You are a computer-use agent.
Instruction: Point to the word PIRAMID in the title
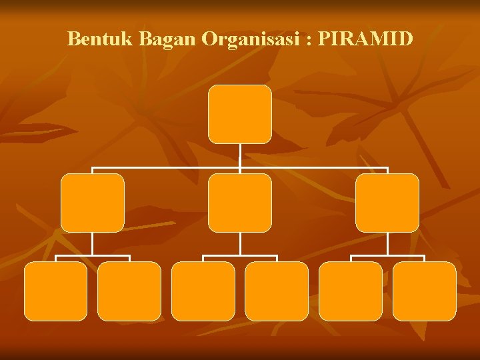click(x=366, y=39)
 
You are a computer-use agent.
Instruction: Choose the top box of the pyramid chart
click(x=239, y=114)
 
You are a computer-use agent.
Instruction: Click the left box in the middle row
click(x=92, y=203)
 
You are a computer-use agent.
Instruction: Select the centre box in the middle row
click(x=239, y=203)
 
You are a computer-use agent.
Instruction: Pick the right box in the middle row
click(x=387, y=203)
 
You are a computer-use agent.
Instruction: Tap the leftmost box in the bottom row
click(x=55, y=291)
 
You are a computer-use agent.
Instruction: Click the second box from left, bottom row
click(x=129, y=291)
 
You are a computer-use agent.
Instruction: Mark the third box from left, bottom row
click(x=203, y=291)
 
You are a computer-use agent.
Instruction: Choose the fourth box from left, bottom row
click(x=277, y=291)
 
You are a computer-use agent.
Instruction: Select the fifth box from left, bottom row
click(x=350, y=291)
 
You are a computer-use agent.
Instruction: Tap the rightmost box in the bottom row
click(x=424, y=291)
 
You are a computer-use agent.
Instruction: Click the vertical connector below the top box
click(x=239, y=155)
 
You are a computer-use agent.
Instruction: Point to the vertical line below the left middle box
click(x=92, y=244)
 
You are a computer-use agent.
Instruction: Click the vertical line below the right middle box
click(x=387, y=244)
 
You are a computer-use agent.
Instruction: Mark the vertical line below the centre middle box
click(x=239, y=244)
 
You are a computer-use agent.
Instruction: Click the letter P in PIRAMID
click(x=325, y=39)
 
